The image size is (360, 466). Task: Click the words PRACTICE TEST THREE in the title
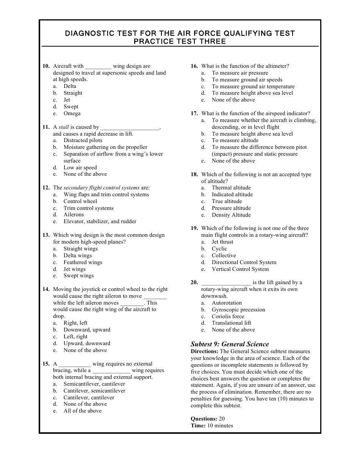tap(180, 42)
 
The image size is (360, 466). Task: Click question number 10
tap(46, 66)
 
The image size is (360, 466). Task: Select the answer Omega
tap(72, 114)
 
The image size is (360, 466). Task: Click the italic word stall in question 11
tap(64, 127)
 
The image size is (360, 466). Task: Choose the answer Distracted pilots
tap(83, 141)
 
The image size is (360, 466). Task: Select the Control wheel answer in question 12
tap(80, 202)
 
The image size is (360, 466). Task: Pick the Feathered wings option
tap(83, 263)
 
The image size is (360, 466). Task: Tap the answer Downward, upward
tap(87, 330)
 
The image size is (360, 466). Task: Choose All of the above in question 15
tap(82, 411)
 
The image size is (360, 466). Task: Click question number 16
tap(194, 66)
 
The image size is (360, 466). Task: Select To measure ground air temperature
tap(253, 87)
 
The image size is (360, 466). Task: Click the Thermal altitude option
tap(231, 188)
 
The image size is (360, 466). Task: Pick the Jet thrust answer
tap(222, 242)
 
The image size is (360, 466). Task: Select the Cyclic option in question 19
tap(219, 249)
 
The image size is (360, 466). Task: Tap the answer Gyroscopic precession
tap(238, 310)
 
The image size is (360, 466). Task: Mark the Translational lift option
tap(231, 323)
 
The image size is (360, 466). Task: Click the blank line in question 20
tap(226, 283)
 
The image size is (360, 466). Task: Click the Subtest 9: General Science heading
tap(230, 344)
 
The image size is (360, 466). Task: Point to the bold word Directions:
tap(204, 352)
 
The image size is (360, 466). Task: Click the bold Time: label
tap(198, 426)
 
